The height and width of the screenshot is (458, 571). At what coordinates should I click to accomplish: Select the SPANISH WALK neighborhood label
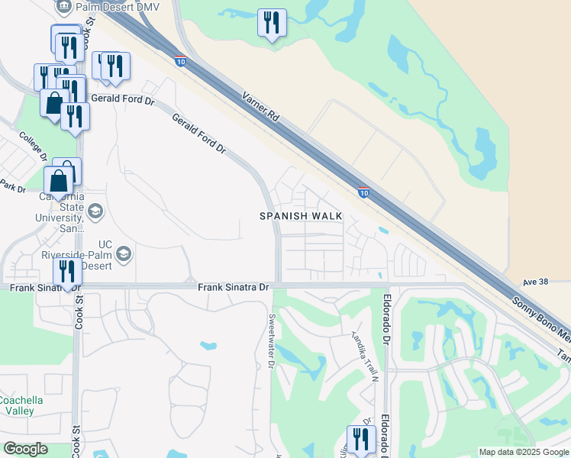point(301,216)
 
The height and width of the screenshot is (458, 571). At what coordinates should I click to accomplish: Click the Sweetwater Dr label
point(271,340)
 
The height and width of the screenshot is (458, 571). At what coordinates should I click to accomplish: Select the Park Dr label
point(13,186)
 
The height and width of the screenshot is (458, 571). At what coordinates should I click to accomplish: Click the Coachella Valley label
point(21,405)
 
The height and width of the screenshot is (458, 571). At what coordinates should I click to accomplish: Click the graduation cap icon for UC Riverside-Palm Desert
point(124,253)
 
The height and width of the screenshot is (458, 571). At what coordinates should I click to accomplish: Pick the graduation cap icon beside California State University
point(95,211)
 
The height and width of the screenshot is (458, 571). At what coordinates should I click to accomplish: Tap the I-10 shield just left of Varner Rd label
point(179,60)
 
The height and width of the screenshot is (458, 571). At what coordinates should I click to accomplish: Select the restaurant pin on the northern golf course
point(271,23)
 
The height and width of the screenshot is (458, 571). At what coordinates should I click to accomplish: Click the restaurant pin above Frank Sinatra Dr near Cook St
point(67,272)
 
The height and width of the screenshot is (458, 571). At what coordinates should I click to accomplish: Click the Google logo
point(25,449)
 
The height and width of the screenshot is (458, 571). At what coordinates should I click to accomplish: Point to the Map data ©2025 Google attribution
point(523,452)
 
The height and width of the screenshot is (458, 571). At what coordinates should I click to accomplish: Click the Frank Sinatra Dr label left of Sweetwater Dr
point(234,287)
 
